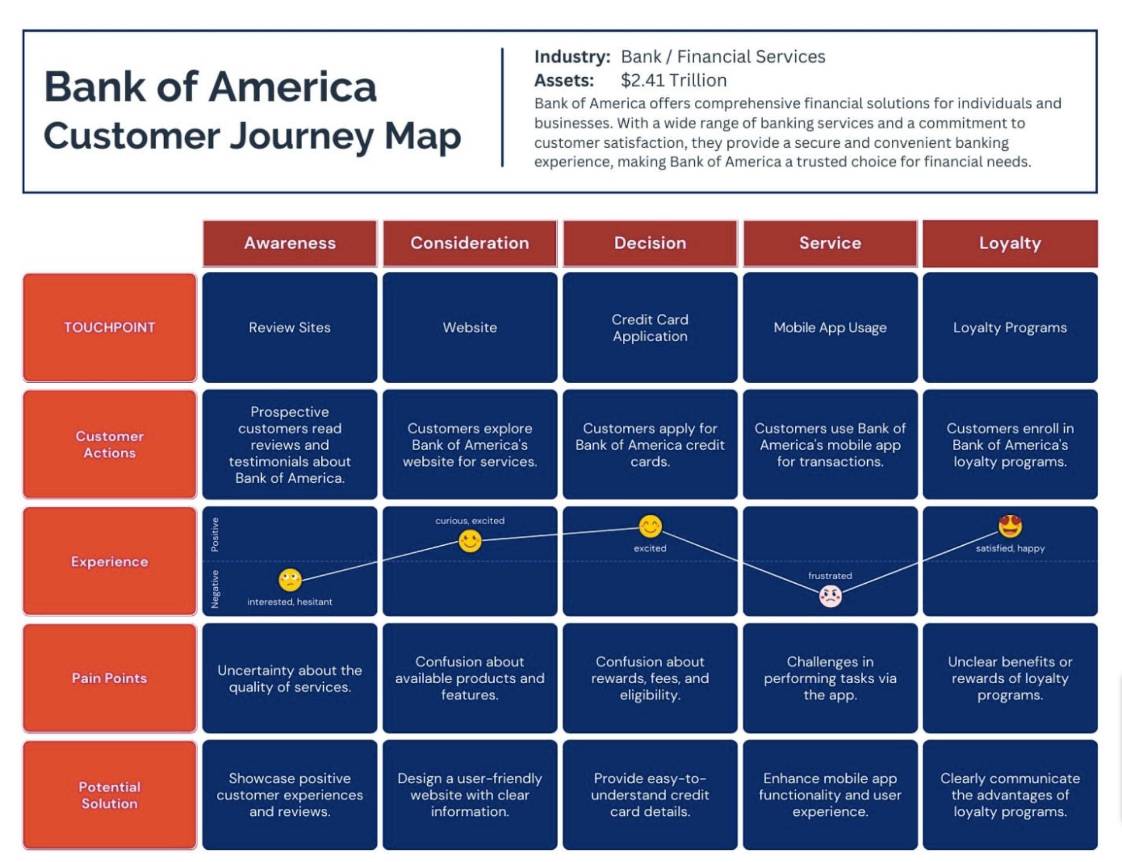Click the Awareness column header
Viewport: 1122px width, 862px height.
[289, 243]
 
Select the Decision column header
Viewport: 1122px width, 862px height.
[649, 243]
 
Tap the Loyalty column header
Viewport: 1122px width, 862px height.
[1009, 243]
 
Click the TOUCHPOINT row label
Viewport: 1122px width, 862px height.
[110, 327]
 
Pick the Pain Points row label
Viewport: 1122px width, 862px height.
[110, 678]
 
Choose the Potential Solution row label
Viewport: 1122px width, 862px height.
[110, 795]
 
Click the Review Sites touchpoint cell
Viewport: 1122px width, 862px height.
[289, 327]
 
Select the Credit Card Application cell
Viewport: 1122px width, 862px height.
[649, 327]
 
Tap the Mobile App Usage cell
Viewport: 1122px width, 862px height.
[829, 327]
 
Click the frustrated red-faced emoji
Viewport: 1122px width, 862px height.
[830, 596]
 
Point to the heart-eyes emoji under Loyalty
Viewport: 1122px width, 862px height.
[1009, 526]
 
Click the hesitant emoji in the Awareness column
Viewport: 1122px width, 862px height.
[290, 580]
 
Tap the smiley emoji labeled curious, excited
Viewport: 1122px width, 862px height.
[470, 541]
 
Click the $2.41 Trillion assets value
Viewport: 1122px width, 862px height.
[673, 80]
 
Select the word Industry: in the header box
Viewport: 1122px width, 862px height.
[572, 57]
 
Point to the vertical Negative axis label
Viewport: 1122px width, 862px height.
[215, 588]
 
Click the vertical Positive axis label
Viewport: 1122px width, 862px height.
[215, 534]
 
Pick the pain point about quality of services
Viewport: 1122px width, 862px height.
[289, 678]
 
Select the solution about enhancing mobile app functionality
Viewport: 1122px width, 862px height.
[829, 795]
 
